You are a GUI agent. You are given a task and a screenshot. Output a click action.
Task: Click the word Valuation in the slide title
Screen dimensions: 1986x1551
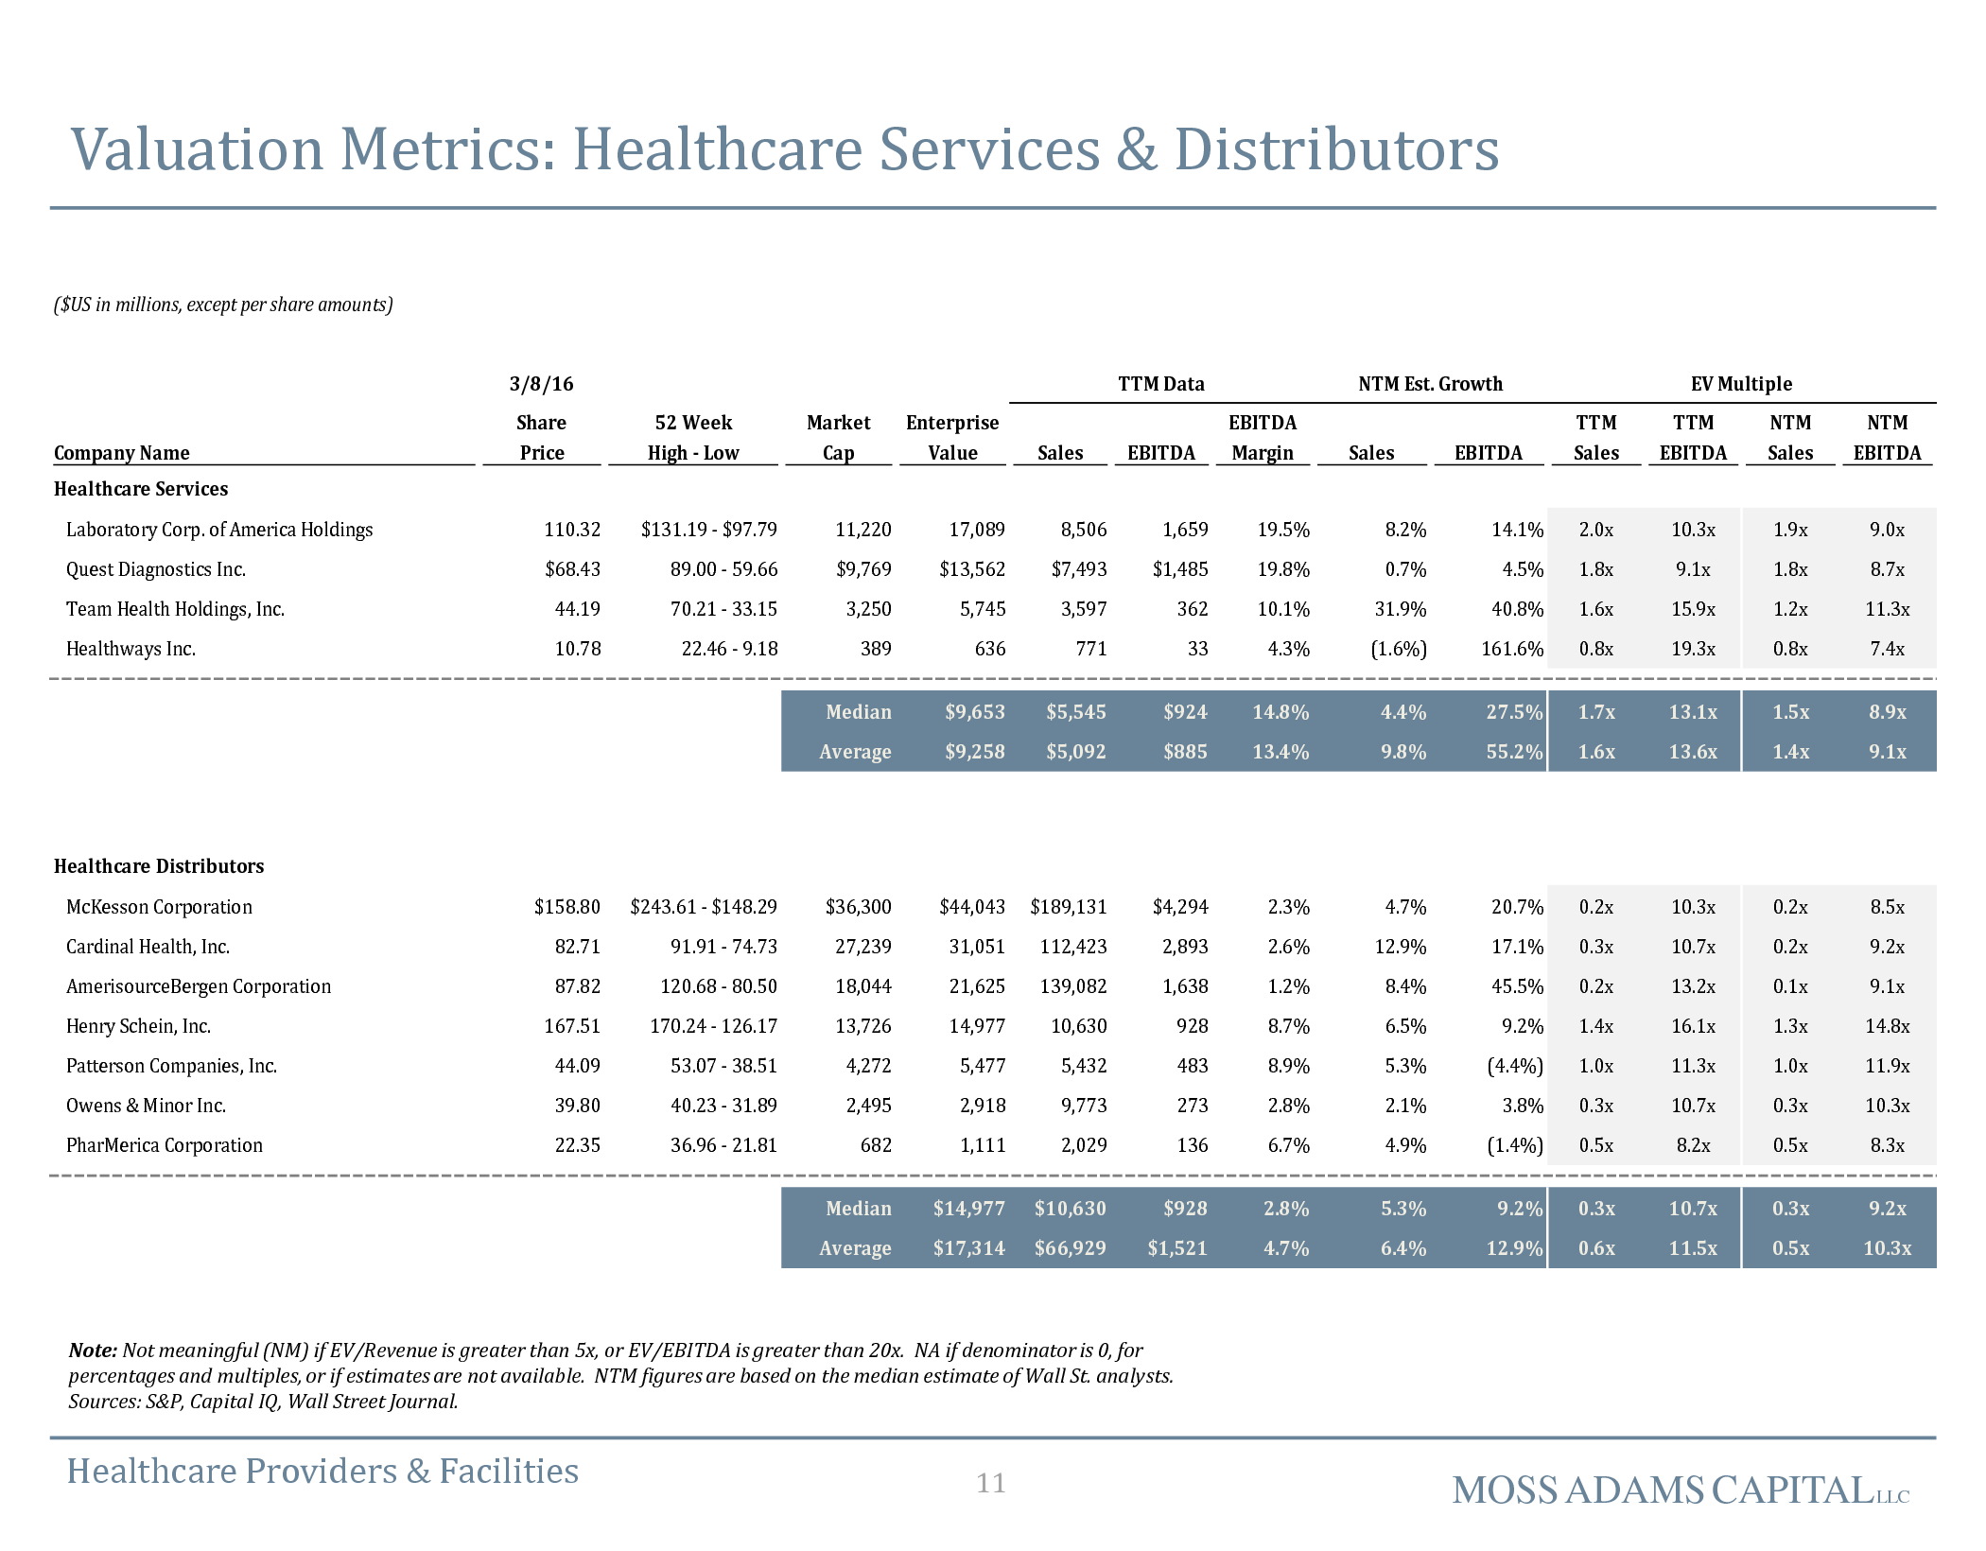pyautogui.click(x=197, y=149)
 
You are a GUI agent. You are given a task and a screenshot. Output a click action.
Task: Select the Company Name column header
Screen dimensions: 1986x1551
pyautogui.click(x=122, y=453)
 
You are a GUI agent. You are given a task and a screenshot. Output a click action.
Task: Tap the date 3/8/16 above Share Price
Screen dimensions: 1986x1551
pyautogui.click(x=542, y=384)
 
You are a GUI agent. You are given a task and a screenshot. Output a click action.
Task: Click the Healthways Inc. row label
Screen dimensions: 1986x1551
pyautogui.click(x=131, y=649)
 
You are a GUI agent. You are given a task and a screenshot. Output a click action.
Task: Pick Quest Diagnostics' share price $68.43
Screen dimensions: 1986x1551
pyautogui.click(x=572, y=569)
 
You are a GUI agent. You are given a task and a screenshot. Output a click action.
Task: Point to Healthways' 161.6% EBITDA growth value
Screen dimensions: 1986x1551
pyautogui.click(x=1512, y=649)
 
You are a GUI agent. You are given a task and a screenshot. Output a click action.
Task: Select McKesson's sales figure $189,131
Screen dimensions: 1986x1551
pyautogui.click(x=1069, y=907)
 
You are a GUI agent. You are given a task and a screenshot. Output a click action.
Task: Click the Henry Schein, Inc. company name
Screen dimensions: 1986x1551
pyautogui.click(x=138, y=1026)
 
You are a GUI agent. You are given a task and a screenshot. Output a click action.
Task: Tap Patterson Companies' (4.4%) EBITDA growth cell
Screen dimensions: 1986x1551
pyautogui.click(x=1515, y=1066)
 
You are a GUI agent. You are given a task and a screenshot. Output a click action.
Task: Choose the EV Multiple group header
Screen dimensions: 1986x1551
pyautogui.click(x=1741, y=384)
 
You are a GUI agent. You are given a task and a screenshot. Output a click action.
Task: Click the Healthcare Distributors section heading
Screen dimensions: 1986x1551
pyautogui.click(x=159, y=866)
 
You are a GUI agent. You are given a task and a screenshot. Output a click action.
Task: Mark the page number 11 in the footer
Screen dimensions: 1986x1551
pyautogui.click(x=991, y=1483)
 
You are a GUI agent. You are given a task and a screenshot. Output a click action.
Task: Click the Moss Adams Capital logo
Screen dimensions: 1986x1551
pyautogui.click(x=1681, y=1490)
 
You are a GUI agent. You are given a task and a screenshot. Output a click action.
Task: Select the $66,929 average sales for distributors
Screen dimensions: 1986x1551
pyautogui.click(x=1070, y=1248)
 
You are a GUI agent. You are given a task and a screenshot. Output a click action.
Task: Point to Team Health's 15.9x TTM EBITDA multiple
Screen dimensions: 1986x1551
pyautogui.click(x=1693, y=609)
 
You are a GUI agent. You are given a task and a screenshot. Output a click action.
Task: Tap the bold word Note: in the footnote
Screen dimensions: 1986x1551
pyautogui.click(x=93, y=1351)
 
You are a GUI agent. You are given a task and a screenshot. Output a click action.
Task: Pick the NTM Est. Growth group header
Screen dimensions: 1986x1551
pyautogui.click(x=1430, y=384)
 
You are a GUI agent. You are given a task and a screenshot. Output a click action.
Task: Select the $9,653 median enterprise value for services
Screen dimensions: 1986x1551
pyautogui.click(x=975, y=712)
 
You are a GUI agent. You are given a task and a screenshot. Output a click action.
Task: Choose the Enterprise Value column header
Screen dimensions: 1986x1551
pyautogui.click(x=952, y=438)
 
